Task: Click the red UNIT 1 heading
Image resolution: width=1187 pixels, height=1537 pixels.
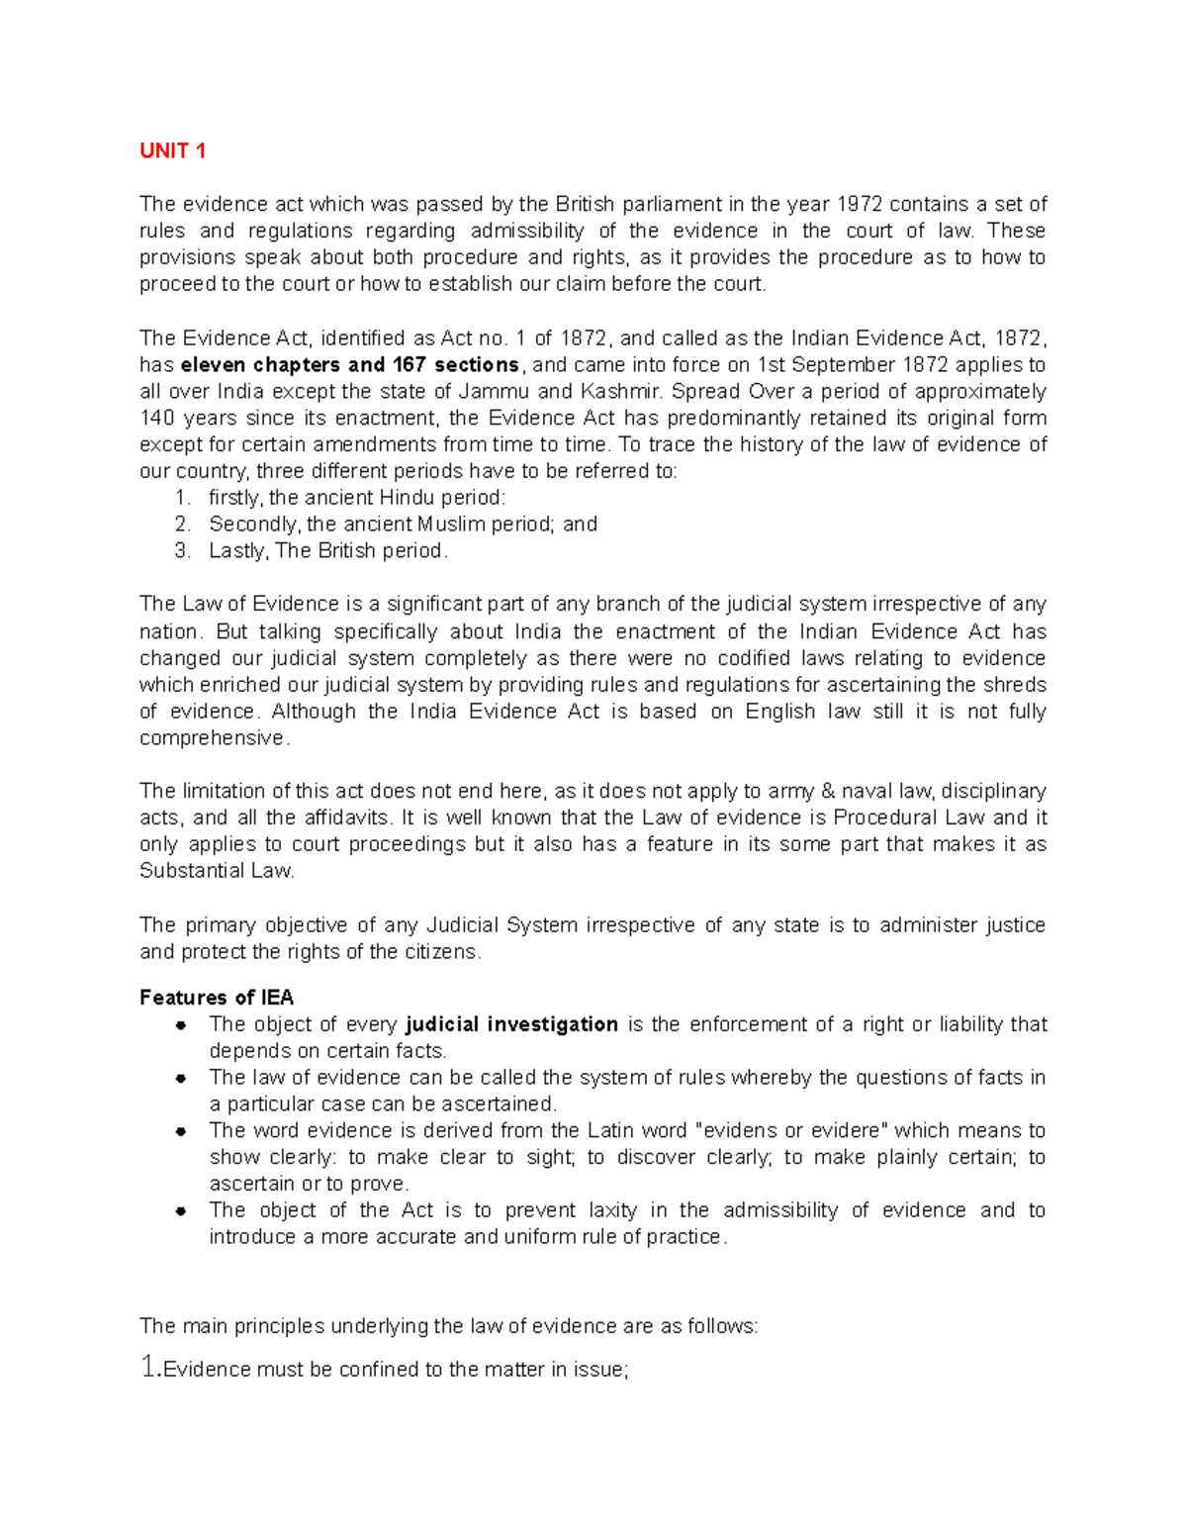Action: (x=172, y=150)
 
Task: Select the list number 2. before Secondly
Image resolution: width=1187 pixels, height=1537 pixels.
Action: (x=182, y=525)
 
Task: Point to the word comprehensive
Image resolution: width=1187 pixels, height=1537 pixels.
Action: (x=212, y=738)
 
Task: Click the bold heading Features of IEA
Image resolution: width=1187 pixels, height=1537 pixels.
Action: (x=217, y=998)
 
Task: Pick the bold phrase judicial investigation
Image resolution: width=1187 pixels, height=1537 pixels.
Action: (x=512, y=1024)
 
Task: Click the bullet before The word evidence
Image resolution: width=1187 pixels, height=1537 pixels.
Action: (x=181, y=1131)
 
